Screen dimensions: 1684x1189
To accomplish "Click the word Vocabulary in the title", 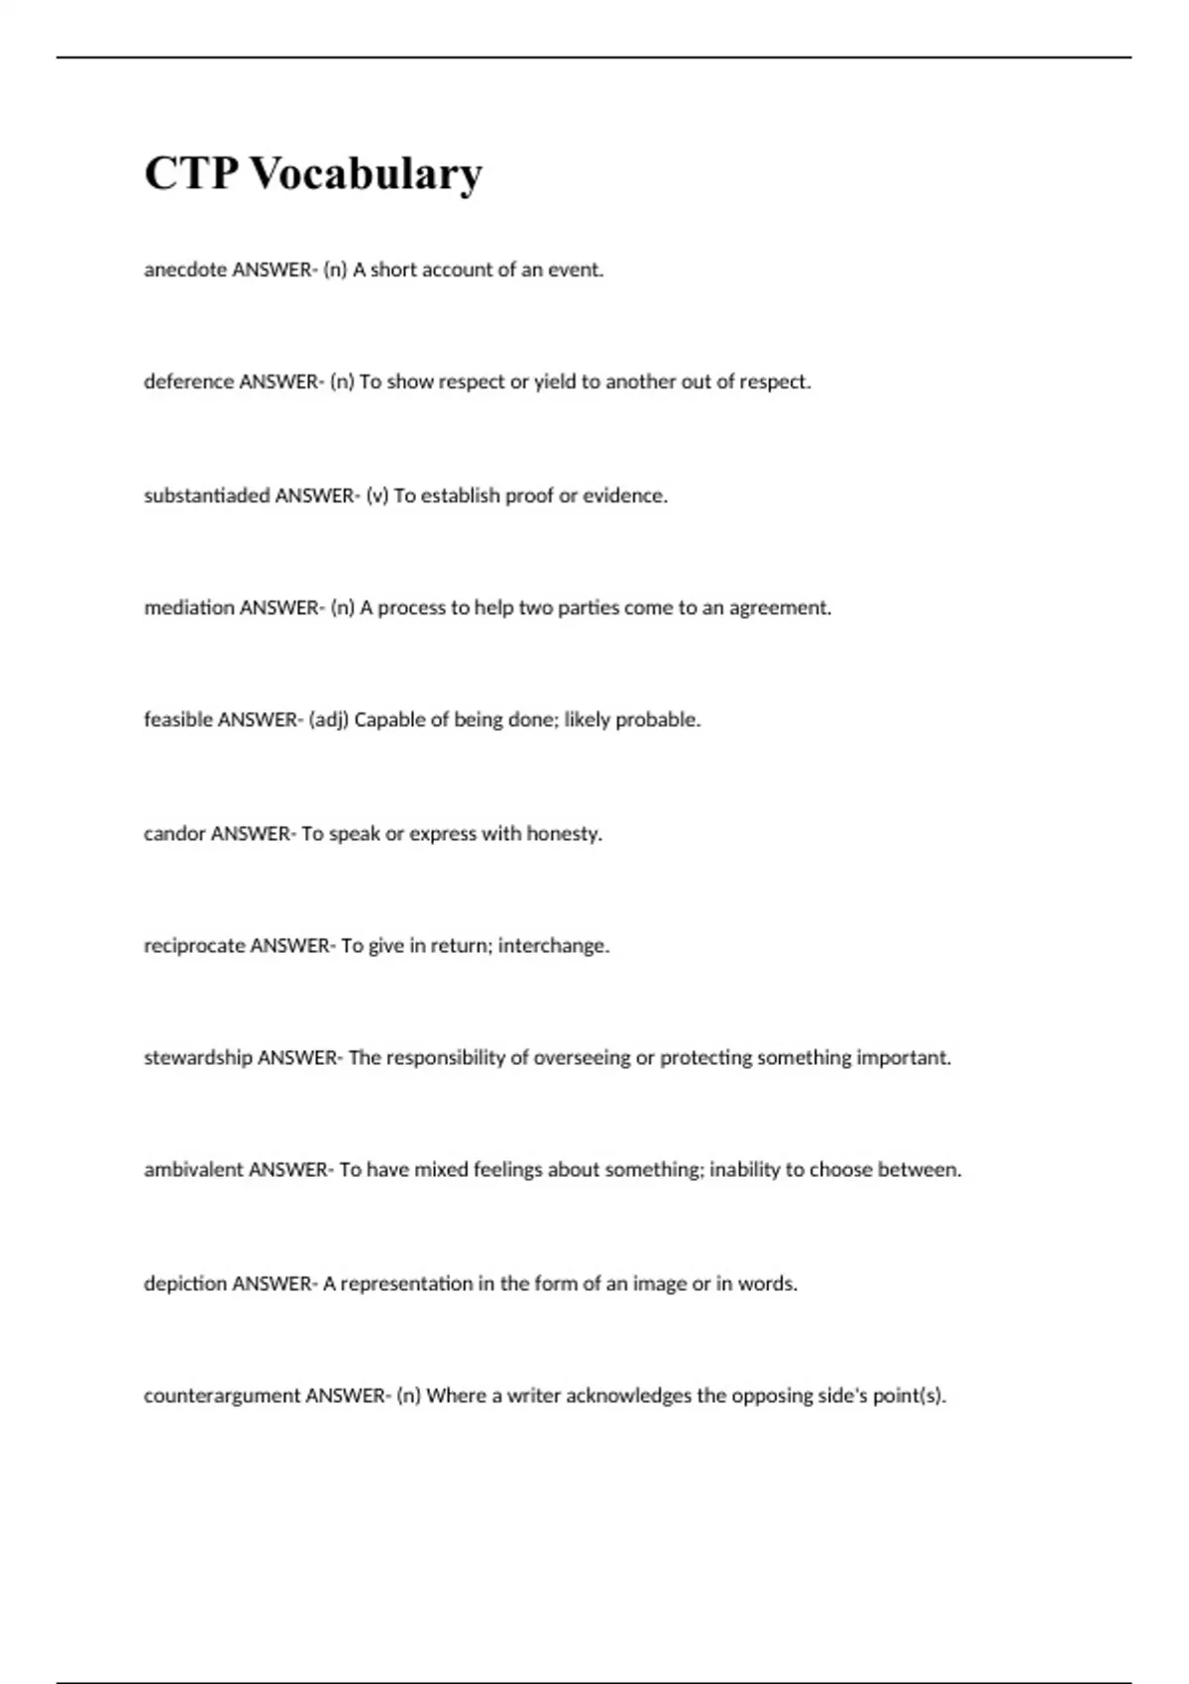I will [366, 173].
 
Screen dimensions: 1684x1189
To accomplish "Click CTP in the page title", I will [191, 173].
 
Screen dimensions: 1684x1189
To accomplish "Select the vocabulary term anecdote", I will [185, 269].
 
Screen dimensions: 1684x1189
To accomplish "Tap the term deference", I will [188, 381].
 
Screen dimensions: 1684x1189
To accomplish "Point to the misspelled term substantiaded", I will [207, 495].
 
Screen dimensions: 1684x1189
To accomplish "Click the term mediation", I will [188, 607].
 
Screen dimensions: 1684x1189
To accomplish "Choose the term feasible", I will [178, 720].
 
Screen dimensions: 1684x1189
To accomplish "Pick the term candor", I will [174, 834].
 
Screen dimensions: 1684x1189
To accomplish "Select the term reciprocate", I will [194, 946].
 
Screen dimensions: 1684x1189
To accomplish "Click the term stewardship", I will [198, 1058].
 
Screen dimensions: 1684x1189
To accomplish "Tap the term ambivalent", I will [193, 1170].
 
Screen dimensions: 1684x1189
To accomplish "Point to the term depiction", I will [185, 1284].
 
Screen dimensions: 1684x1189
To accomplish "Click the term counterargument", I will [222, 1396].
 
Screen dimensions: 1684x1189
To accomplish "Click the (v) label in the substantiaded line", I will [378, 495].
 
